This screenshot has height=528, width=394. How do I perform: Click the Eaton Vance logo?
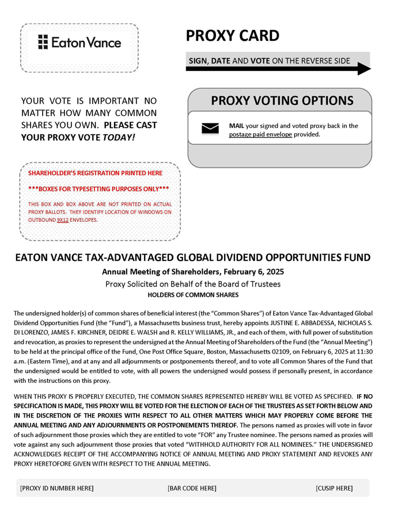click(x=79, y=42)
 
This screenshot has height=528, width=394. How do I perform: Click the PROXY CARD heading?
click(x=232, y=36)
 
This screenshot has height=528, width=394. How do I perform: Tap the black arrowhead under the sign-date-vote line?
click(x=364, y=69)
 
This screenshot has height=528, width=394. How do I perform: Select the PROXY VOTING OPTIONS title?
click(x=282, y=100)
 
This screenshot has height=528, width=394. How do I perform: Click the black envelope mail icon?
click(x=210, y=128)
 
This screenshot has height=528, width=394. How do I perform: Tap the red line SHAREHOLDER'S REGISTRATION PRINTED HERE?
click(x=95, y=173)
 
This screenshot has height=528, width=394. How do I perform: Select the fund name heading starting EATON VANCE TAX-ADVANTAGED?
click(x=193, y=258)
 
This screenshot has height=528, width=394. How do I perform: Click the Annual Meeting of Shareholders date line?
click(x=193, y=271)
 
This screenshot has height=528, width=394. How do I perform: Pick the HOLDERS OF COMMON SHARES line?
click(x=193, y=295)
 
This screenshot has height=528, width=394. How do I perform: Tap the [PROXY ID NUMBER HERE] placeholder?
click(x=56, y=488)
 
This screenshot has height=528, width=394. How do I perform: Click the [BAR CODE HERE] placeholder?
click(x=192, y=488)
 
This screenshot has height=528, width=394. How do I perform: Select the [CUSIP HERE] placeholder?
click(x=334, y=488)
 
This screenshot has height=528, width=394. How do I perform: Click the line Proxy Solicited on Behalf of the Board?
click(x=193, y=284)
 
